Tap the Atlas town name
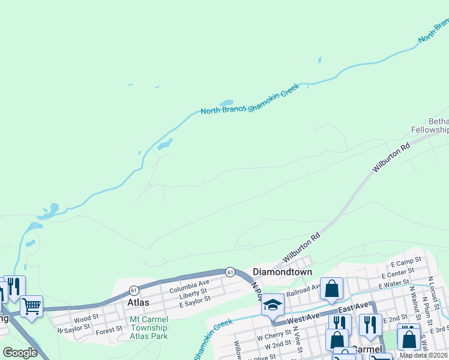click(138, 302)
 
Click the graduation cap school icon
click(273, 305)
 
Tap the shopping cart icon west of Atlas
click(31, 306)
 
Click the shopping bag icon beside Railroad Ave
click(331, 289)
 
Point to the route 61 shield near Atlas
click(133, 289)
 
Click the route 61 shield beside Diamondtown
click(230, 272)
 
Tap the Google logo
click(20, 353)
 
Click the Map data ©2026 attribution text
click(424, 355)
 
